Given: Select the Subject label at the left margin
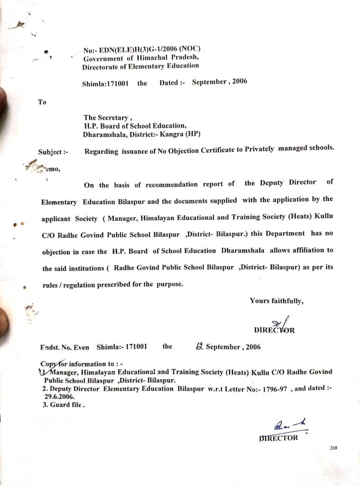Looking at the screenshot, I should [x=53, y=152].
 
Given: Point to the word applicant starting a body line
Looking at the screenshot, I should [x=56, y=218].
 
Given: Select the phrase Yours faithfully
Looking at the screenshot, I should [x=276, y=300].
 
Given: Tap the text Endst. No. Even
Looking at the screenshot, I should [x=65, y=347].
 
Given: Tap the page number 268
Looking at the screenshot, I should [x=333, y=448].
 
